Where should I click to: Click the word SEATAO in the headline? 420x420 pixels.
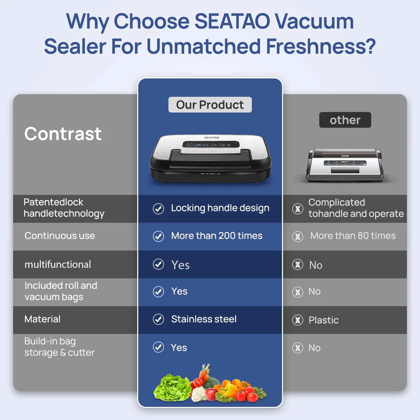(x=232, y=21)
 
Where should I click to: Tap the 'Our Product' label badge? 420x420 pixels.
(x=210, y=105)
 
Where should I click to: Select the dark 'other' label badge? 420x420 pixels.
(x=345, y=120)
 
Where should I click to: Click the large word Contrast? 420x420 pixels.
(x=63, y=134)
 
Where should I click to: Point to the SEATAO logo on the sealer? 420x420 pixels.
(x=211, y=137)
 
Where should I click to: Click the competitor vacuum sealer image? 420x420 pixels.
(x=345, y=165)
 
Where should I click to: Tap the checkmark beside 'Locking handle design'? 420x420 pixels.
(x=158, y=209)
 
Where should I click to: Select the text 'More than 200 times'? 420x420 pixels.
(x=217, y=236)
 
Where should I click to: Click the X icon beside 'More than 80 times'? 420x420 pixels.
(x=298, y=236)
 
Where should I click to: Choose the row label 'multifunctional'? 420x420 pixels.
(x=58, y=264)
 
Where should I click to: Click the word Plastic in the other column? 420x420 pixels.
(x=323, y=320)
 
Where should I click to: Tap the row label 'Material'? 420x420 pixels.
(x=42, y=319)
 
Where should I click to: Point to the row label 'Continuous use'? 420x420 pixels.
(x=60, y=236)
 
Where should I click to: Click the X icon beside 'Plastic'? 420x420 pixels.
(x=298, y=320)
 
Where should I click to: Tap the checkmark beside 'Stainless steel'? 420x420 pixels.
(x=158, y=319)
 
